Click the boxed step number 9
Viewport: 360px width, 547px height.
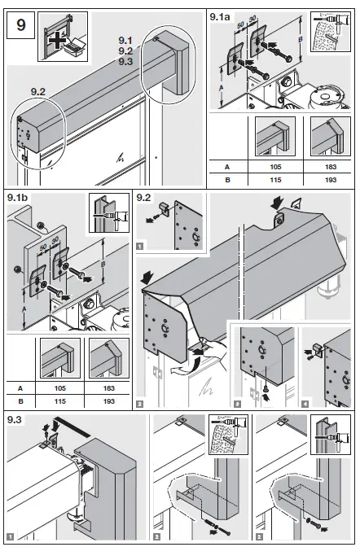click(20, 25)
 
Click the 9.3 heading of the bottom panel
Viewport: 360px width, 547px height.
click(16, 420)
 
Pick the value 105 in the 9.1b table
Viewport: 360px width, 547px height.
click(57, 388)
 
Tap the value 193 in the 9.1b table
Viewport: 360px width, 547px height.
click(107, 400)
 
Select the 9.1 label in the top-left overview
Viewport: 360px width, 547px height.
click(125, 39)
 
